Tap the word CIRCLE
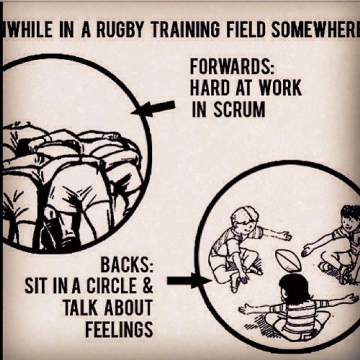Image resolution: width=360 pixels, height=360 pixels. click(x=111, y=287)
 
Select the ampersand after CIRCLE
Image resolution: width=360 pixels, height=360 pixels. click(x=147, y=287)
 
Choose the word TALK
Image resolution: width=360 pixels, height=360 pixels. click(x=79, y=308)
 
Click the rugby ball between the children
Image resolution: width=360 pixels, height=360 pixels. click(x=288, y=260)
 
